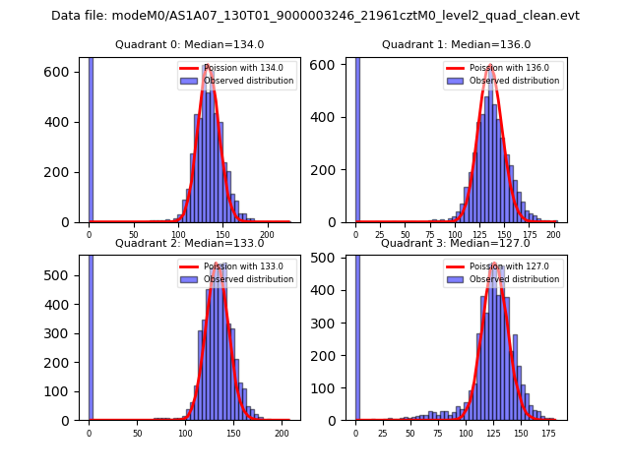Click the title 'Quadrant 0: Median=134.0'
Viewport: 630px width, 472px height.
click(190, 44)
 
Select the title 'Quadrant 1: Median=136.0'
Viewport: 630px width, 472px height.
click(456, 44)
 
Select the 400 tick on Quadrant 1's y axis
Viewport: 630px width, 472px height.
click(330, 117)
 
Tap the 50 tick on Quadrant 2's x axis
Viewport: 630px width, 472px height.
click(137, 433)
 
